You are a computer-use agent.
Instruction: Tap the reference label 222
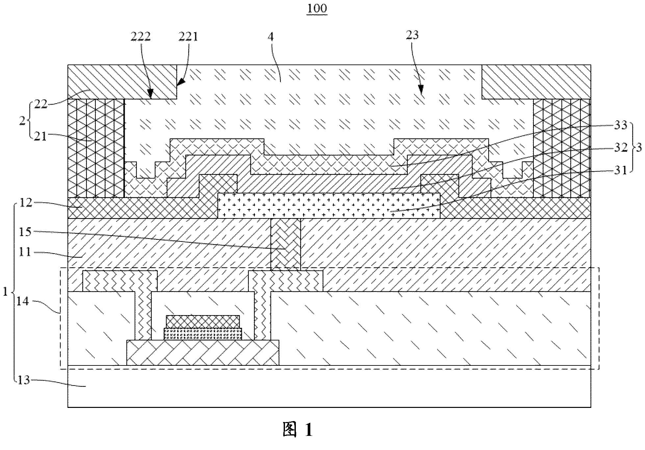(x=141, y=36)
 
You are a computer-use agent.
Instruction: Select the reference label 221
(x=188, y=36)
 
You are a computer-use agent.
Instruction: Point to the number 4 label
(x=271, y=36)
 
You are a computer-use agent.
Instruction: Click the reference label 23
(x=412, y=35)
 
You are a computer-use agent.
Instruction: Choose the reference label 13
(x=23, y=380)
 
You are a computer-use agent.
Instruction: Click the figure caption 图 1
(x=298, y=430)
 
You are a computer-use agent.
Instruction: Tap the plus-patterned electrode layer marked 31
(x=329, y=206)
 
